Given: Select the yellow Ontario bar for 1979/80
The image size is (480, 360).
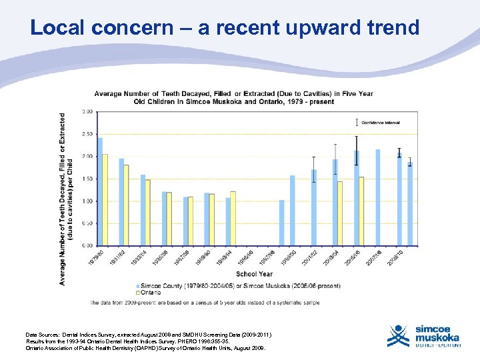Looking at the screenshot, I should click(105, 199).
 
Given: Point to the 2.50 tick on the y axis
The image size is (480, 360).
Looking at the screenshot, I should click(87, 134).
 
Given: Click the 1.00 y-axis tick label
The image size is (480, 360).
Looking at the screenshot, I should click(87, 201).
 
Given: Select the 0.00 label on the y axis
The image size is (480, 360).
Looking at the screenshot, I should click(87, 245).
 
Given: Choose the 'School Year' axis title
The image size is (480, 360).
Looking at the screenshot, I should click(254, 274).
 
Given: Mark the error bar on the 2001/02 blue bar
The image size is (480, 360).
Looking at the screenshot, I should click(314, 169).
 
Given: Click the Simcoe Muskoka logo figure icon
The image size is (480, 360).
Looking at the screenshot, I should click(399, 335).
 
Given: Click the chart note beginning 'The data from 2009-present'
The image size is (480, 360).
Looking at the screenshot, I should click(205, 303).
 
